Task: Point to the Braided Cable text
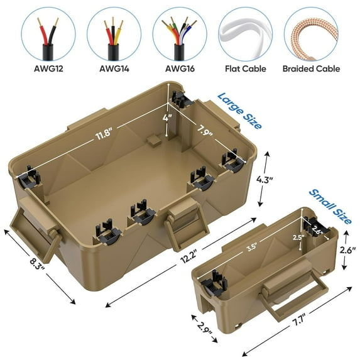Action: [x=312, y=68]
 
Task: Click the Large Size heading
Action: [x=239, y=110]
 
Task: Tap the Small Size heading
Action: [x=330, y=207]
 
